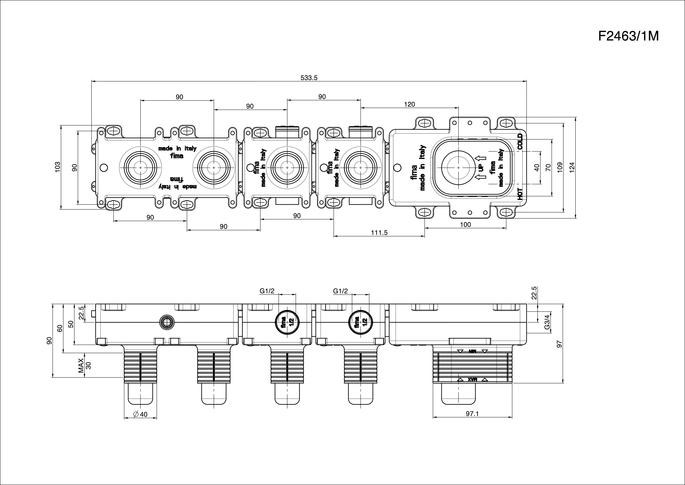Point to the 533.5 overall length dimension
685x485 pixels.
tap(309, 78)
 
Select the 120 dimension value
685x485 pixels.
tap(409, 104)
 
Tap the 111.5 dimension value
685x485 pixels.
tap(379, 233)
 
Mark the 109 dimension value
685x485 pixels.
tap(560, 167)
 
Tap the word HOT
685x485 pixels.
tap(520, 194)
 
